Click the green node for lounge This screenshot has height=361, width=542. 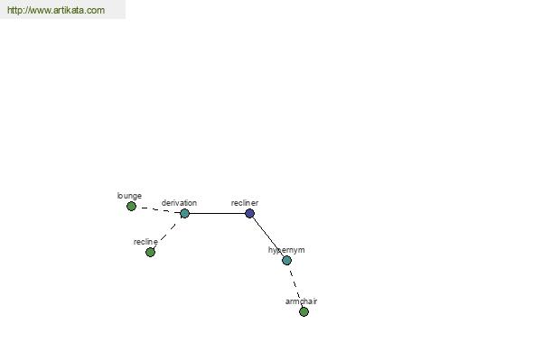[x=131, y=207]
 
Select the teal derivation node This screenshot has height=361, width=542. [x=185, y=214]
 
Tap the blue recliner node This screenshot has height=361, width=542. [x=249, y=214]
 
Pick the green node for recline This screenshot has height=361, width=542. [x=150, y=253]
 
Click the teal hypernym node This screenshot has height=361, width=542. [x=286, y=261]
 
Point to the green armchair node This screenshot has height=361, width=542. [x=304, y=312]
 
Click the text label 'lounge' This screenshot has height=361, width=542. [x=129, y=196]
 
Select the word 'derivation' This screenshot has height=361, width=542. [x=179, y=203]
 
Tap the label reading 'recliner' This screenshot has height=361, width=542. [x=245, y=203]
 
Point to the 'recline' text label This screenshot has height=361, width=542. [x=145, y=242]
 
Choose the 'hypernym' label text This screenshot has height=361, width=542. [x=286, y=250]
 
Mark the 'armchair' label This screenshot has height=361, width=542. [x=301, y=301]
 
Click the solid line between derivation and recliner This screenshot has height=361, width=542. [x=217, y=214]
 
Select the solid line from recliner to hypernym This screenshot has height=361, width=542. [x=268, y=237]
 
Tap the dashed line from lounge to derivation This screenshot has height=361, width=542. [x=158, y=209]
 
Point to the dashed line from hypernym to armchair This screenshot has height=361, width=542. [x=295, y=286]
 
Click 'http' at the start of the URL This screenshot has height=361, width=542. [x=14, y=10]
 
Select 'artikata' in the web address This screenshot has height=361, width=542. [x=69, y=10]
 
